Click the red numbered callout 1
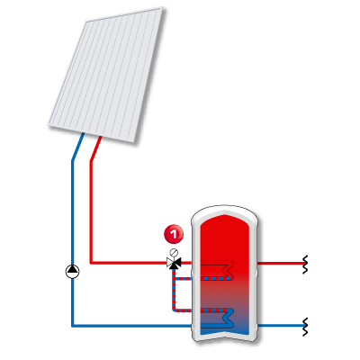point(174,234)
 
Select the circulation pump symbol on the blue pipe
point(73,272)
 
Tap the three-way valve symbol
point(174,263)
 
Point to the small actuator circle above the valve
point(174,252)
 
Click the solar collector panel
point(107,75)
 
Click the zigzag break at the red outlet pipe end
point(305,265)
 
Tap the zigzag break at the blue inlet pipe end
point(305,327)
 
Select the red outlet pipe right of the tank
point(281,264)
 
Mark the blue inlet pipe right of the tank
point(281,326)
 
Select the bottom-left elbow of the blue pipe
point(73,326)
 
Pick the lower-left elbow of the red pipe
point(91,263)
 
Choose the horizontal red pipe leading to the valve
point(129,263)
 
